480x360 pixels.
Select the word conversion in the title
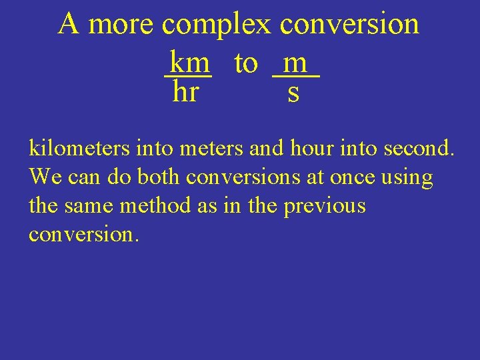[349, 25]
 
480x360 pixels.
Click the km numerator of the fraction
[189, 63]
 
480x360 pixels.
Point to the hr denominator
[185, 93]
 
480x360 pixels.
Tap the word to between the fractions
[245, 63]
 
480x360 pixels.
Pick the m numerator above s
[295, 63]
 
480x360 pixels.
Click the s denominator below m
[293, 93]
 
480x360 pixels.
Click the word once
[356, 177]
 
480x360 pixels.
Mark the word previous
[325, 207]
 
